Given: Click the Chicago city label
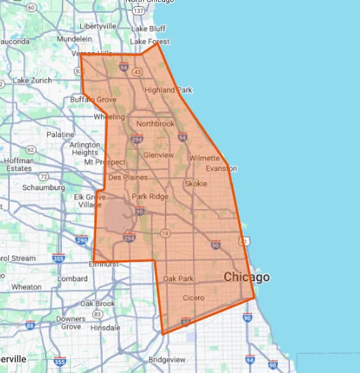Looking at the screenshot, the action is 246,277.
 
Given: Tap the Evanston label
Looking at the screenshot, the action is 221,168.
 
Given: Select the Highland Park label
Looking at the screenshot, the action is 168,90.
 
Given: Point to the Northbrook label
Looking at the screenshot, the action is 155,124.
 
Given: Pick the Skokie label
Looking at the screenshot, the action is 196,184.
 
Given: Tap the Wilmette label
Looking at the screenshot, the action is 205,157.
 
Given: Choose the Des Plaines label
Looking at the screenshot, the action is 128,177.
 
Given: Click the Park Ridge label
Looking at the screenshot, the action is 150,196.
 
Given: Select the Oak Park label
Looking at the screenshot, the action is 178,279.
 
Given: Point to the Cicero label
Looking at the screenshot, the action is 194,298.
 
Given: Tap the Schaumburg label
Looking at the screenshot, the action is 43,188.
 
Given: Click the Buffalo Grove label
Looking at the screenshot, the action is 93,99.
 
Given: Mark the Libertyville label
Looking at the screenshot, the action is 98,26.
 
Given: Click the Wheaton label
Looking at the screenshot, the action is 26,287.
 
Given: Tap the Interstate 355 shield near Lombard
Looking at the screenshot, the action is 59,258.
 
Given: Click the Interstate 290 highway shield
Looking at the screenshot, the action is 81,240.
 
